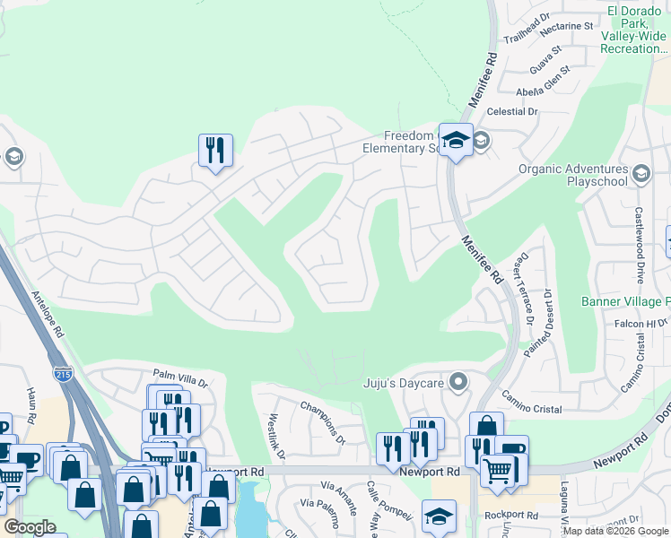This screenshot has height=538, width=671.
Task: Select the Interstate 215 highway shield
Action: coord(63,374)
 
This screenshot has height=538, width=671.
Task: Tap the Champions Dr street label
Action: coord(322,423)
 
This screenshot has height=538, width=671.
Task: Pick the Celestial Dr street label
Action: coord(512,112)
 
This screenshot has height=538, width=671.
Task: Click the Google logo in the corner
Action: coord(30,527)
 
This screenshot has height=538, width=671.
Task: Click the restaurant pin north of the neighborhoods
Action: coord(215,150)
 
